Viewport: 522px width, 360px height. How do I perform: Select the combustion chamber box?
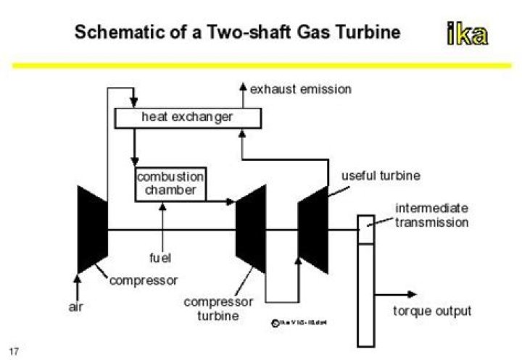(170, 185)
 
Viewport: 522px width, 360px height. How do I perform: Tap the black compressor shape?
(92, 229)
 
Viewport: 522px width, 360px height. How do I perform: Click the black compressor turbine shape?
(252, 229)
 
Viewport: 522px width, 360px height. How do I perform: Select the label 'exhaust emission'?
(300, 90)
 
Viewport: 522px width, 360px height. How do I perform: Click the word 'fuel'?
(159, 257)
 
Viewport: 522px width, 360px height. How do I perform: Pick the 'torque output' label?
(431, 311)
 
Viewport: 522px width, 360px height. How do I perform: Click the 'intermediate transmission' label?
(431, 215)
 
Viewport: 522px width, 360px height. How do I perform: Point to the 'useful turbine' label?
(381, 176)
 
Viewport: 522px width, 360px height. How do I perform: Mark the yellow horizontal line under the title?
(261, 66)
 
